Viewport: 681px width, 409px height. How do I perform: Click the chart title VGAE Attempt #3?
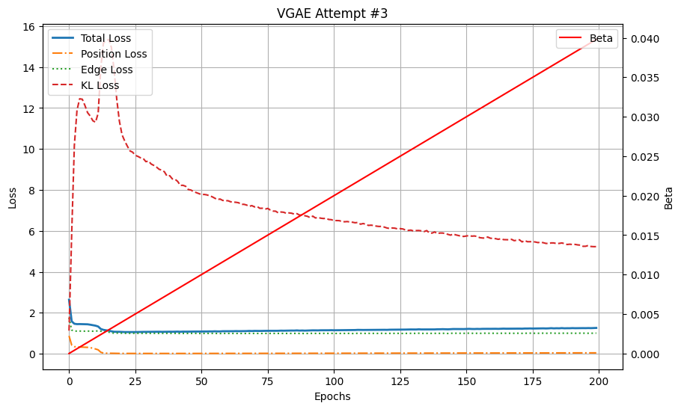332,13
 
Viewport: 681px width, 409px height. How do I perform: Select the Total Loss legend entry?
106,38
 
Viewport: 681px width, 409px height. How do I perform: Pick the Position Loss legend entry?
114,54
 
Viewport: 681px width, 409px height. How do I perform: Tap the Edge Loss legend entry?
106,70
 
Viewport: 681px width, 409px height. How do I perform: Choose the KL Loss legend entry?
100,85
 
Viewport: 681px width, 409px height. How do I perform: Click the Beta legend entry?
601,38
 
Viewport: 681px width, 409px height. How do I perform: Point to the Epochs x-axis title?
332,396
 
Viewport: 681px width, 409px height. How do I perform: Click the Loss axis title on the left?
12,197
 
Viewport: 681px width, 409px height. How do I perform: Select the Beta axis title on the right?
669,197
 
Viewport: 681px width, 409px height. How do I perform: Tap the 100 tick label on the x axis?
334,381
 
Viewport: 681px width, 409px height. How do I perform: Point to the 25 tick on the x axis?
135,381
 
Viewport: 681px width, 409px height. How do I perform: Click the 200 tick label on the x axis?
599,381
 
